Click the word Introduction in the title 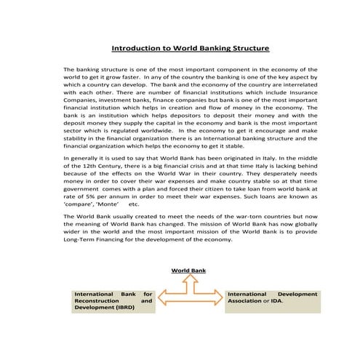(135, 49)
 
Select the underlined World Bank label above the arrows (188, 271)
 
